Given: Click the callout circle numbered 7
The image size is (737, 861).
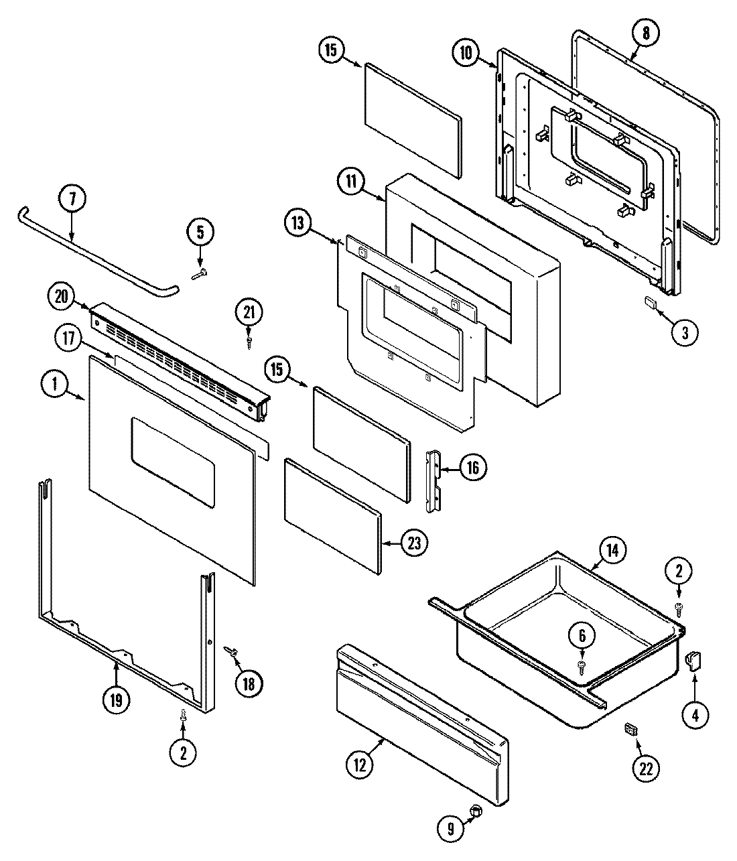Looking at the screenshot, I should click(72, 199).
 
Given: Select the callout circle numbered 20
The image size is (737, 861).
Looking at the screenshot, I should click(62, 297).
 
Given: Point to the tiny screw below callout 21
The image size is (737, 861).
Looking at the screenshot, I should click(249, 341).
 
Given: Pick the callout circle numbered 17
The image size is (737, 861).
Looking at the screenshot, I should click(67, 339).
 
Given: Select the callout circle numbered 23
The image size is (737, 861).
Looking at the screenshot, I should click(414, 543).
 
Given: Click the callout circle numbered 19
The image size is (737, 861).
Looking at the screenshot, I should click(116, 700).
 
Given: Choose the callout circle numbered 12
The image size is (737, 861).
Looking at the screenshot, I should click(361, 765).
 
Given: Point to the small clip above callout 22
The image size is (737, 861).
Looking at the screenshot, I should click(628, 728).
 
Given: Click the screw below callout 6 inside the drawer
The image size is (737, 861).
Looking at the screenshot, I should click(581, 665).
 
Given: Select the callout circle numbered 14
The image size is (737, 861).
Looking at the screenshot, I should click(614, 550).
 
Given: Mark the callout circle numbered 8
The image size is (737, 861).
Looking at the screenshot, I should click(645, 34).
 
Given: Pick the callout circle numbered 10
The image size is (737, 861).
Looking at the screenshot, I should click(466, 53).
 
